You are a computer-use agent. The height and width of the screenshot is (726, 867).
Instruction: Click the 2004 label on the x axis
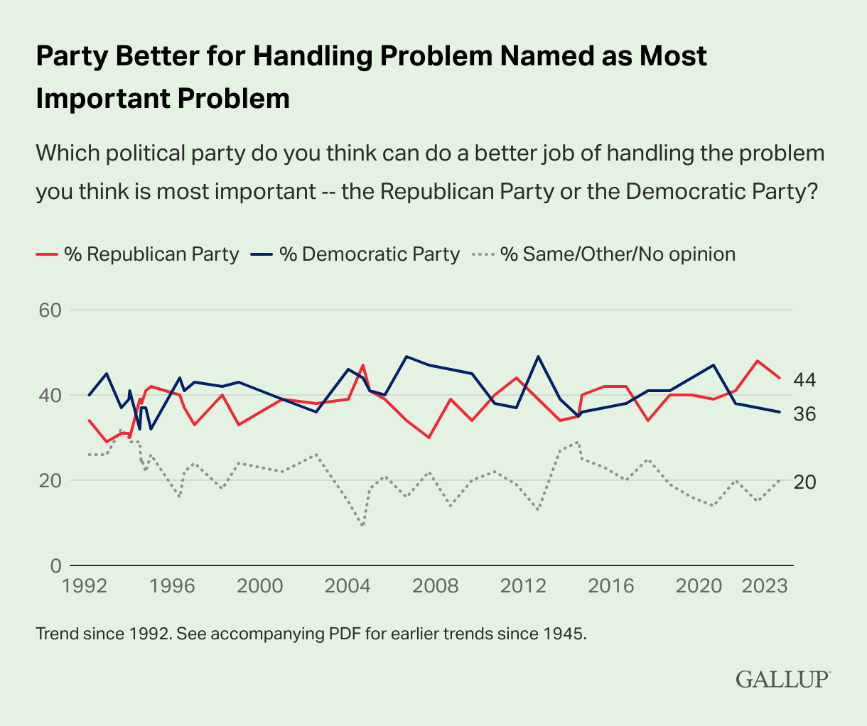(x=348, y=587)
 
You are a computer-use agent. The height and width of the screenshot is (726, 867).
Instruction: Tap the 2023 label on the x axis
(x=765, y=587)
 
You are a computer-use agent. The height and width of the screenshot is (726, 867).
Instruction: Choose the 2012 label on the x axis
(x=524, y=587)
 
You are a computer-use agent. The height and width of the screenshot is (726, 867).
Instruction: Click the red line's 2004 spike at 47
(x=363, y=365)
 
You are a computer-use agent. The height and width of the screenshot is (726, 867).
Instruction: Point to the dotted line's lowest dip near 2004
(x=362, y=526)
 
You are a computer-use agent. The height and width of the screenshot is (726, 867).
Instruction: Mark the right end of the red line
(x=780, y=378)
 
